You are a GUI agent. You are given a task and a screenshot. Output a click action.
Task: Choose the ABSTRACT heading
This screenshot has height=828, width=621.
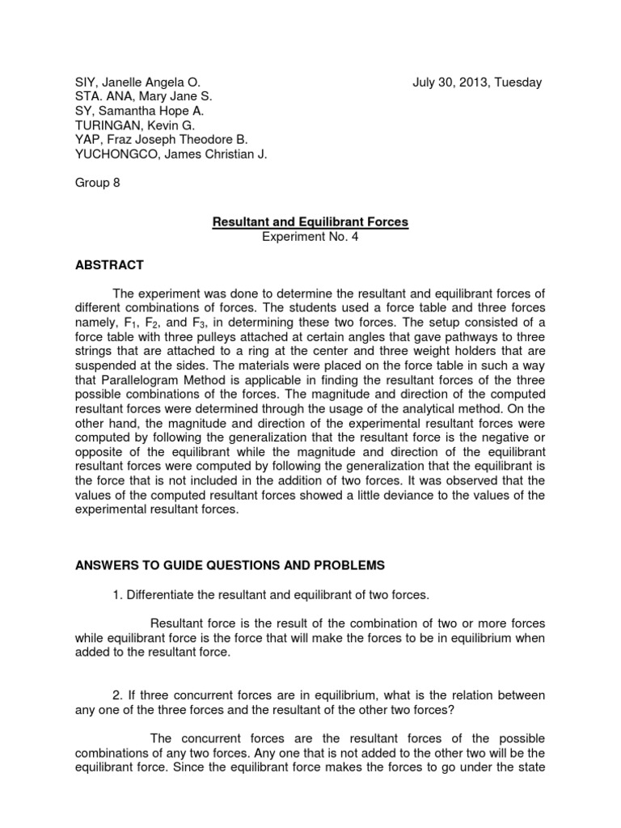pos(109,264)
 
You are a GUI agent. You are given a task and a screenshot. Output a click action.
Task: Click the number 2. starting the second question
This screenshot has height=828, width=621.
pos(119,695)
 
